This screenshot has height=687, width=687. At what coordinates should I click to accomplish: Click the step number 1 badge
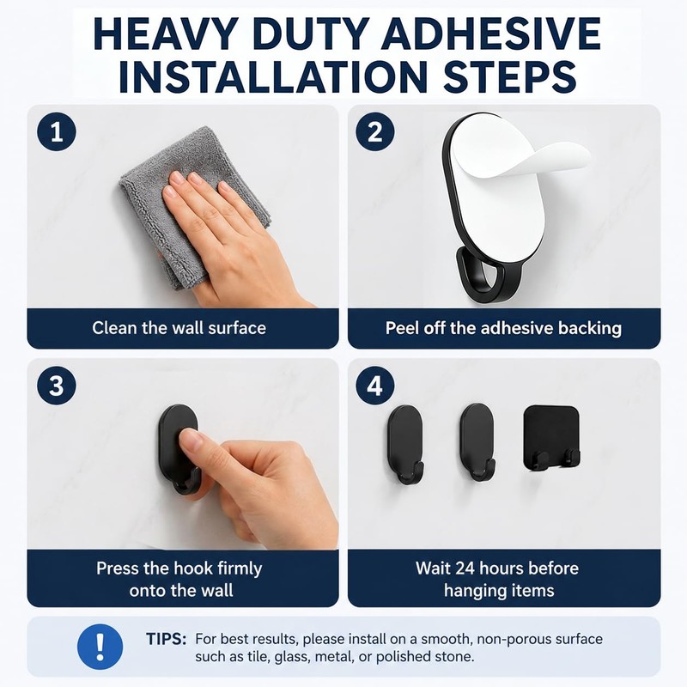pos(57,132)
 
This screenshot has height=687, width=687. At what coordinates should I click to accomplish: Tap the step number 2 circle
pos(374,131)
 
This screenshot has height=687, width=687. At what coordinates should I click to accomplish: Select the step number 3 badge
pos(57,386)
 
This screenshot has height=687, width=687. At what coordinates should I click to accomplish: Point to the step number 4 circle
pos(374,386)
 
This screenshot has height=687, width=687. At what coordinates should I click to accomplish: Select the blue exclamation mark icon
pos(100,647)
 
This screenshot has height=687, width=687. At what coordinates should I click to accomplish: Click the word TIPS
pos(166,639)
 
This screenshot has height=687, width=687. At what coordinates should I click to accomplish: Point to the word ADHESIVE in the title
pos(490,34)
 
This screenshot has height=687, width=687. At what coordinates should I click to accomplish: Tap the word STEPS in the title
pos(509,77)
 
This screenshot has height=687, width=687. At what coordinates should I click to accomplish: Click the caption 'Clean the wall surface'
pos(179,328)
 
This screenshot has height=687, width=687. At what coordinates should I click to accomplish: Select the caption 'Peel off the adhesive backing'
pos(503,328)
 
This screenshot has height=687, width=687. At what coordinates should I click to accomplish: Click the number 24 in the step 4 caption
pos(465,568)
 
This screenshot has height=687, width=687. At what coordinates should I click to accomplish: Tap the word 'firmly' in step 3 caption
pos(240,568)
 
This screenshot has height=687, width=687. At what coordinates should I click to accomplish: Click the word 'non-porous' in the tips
pos(514,640)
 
